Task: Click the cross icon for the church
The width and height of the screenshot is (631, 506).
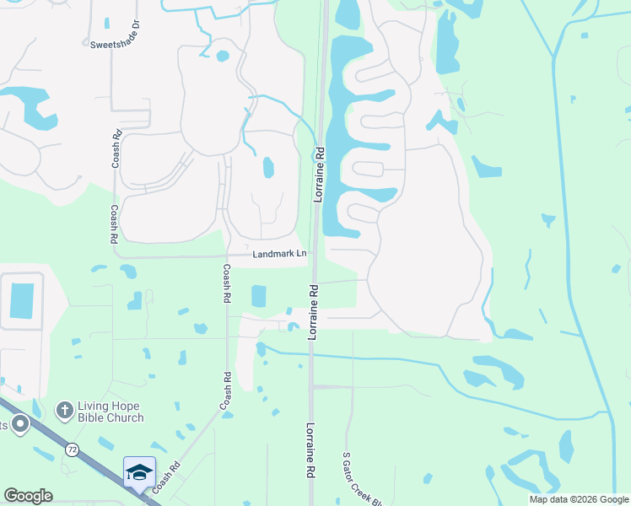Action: pyautogui.click(x=64, y=411)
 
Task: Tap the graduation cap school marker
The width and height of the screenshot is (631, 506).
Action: pyautogui.click(x=139, y=471)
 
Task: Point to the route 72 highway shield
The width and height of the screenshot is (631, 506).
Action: pyautogui.click(x=72, y=450)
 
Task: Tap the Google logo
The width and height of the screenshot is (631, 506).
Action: pyautogui.click(x=28, y=496)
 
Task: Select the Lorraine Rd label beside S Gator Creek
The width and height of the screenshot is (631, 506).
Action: pyautogui.click(x=311, y=451)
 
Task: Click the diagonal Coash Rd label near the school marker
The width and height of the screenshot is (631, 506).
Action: pyautogui.click(x=167, y=477)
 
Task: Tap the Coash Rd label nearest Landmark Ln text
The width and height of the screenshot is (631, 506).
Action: pyautogui.click(x=226, y=283)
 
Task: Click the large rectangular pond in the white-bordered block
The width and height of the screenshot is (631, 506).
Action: pyautogui.click(x=22, y=301)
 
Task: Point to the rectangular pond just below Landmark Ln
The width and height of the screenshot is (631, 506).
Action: pyautogui.click(x=258, y=296)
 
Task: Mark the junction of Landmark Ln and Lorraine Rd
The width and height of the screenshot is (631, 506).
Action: pyautogui.click(x=314, y=257)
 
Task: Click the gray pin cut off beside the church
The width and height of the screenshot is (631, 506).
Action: pyautogui.click(x=19, y=424)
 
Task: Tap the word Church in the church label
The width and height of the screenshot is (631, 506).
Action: pyautogui.click(x=124, y=417)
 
